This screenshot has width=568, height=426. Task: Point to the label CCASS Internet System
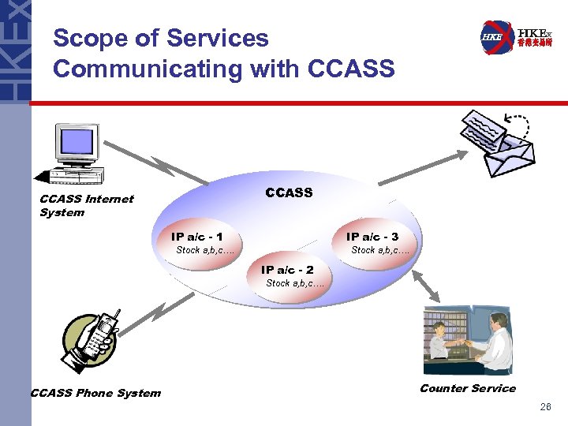(x=86, y=206)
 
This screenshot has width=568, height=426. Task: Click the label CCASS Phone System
(x=95, y=393)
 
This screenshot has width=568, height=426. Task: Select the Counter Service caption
(x=467, y=387)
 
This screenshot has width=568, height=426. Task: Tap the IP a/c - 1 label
(x=196, y=237)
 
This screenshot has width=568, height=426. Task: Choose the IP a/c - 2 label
(x=287, y=270)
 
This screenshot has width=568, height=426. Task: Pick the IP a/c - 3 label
(x=372, y=237)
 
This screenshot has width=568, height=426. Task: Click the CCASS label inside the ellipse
(x=289, y=192)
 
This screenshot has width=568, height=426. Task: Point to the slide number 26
(x=545, y=407)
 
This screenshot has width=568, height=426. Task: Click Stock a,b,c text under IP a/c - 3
(x=379, y=250)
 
